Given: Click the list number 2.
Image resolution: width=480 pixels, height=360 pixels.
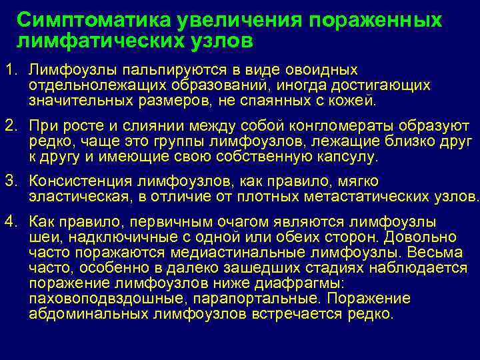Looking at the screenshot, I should click(x=10, y=126).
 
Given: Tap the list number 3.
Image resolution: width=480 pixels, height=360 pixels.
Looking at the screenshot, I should click(x=10, y=181).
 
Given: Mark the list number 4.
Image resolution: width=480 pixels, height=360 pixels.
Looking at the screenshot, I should click(x=10, y=221).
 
